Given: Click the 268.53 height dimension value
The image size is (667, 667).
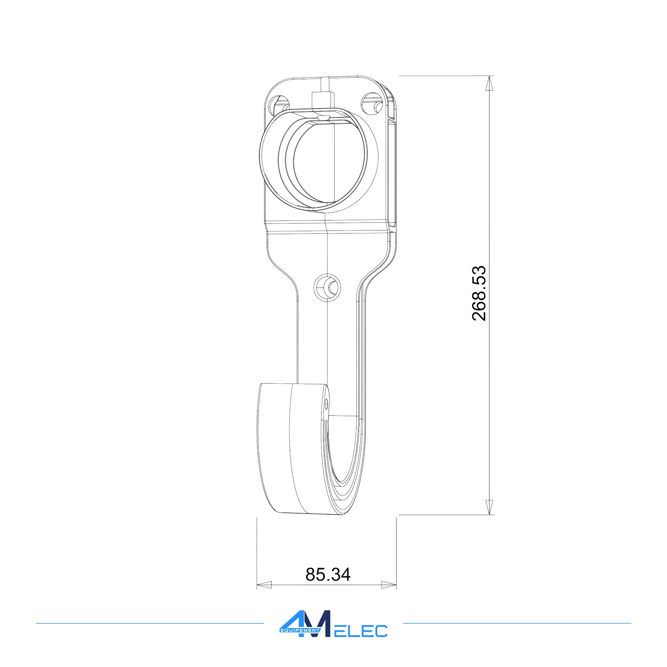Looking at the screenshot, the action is [479, 293].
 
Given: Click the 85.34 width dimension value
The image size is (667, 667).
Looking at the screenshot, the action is [328, 574].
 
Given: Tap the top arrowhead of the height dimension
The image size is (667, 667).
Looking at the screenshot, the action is [490, 83].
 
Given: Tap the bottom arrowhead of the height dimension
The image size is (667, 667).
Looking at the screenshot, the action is [490, 507].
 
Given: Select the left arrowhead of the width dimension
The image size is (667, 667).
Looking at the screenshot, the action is [264, 585].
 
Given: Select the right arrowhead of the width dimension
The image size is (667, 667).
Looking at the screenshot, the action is [389, 585].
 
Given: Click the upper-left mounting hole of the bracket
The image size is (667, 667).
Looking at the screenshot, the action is [278, 105].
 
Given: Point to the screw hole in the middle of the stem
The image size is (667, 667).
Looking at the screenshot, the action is [328, 287].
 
